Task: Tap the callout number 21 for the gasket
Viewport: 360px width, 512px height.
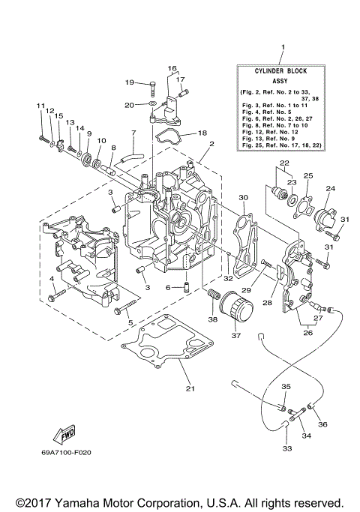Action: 190,388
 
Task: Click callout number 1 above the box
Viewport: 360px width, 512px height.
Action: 283,48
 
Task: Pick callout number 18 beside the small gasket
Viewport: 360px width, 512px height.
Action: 202,133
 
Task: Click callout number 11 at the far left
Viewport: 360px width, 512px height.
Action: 40,106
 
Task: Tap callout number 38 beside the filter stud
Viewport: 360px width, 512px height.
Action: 213,319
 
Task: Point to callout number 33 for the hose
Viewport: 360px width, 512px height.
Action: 287,448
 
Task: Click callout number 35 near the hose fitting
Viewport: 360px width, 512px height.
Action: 285,386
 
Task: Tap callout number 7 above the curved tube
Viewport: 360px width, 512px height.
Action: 133,133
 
